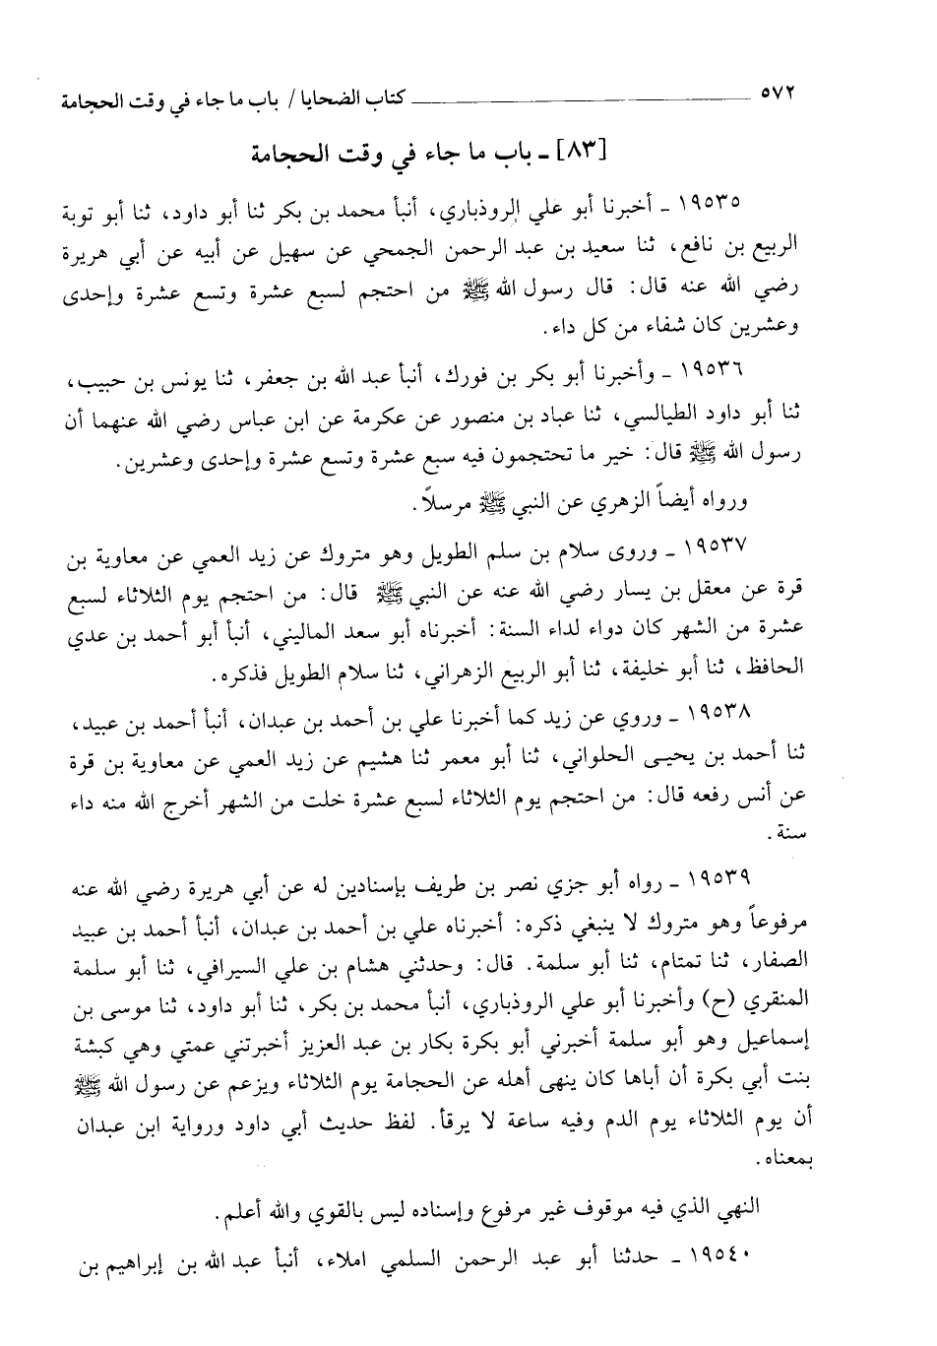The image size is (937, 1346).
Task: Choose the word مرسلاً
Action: click(439, 507)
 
